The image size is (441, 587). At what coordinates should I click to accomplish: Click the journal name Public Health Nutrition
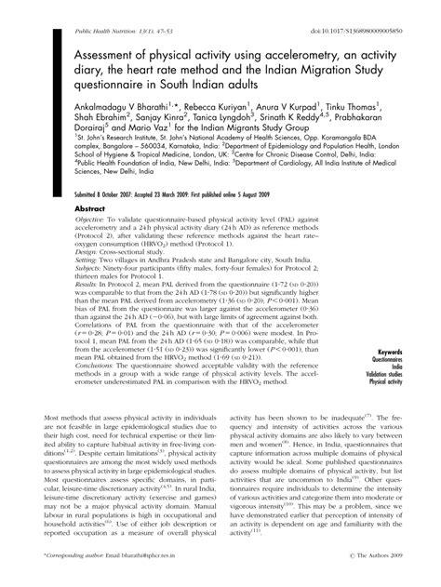pyautogui.click(x=80, y=7)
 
